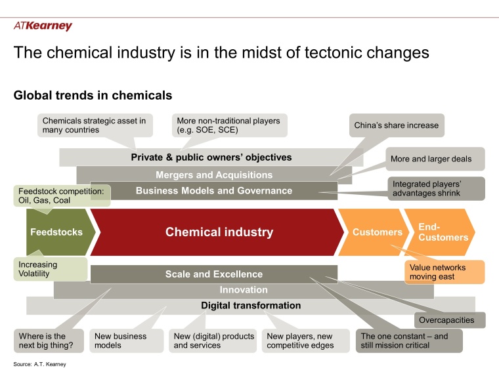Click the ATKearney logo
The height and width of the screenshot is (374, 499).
click(x=43, y=26)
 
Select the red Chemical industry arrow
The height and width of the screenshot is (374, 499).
click(x=219, y=232)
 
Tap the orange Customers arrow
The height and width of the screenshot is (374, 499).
click(x=376, y=232)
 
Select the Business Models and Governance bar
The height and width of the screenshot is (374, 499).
click(x=213, y=191)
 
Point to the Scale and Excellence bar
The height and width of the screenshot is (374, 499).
click(x=213, y=274)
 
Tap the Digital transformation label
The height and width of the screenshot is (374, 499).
click(x=251, y=305)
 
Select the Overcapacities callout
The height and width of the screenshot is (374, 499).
click(x=450, y=320)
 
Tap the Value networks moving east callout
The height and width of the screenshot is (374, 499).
click(x=444, y=272)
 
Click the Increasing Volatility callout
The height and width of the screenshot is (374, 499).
click(x=50, y=268)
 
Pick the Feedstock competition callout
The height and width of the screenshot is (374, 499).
click(x=61, y=196)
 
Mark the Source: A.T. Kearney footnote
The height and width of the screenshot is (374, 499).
click(x=41, y=364)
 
